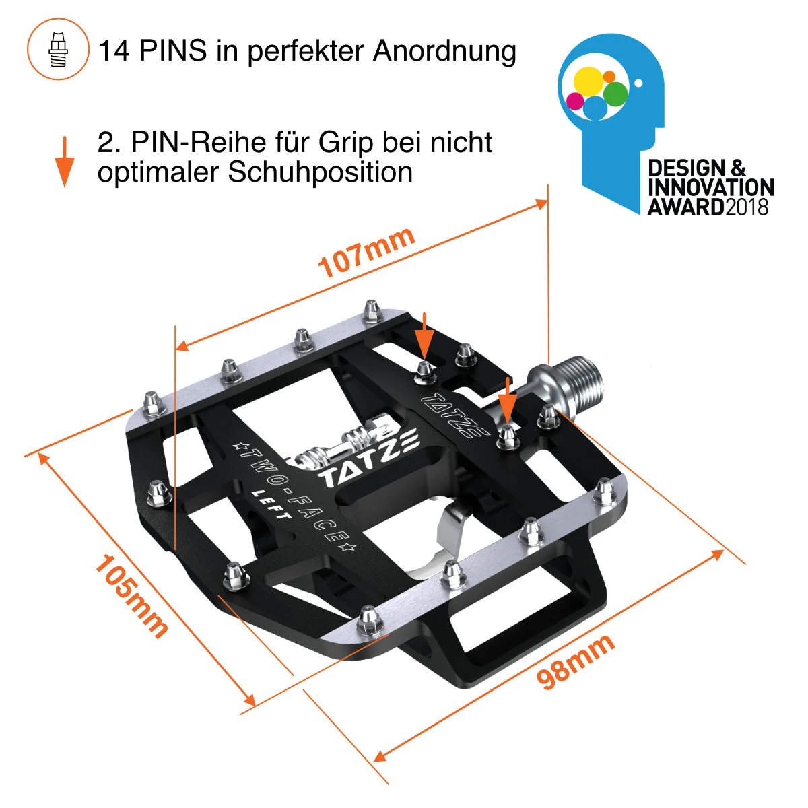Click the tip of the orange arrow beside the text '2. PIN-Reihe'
point(65,187)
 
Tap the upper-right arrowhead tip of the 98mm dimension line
point(724,551)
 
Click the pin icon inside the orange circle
point(59,48)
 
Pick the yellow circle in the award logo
point(588,81)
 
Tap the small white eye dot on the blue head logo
point(638,83)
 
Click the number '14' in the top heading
point(114,50)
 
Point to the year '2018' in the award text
point(747,207)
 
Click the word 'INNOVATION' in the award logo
point(711,187)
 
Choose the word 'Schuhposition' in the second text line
point(321,172)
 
